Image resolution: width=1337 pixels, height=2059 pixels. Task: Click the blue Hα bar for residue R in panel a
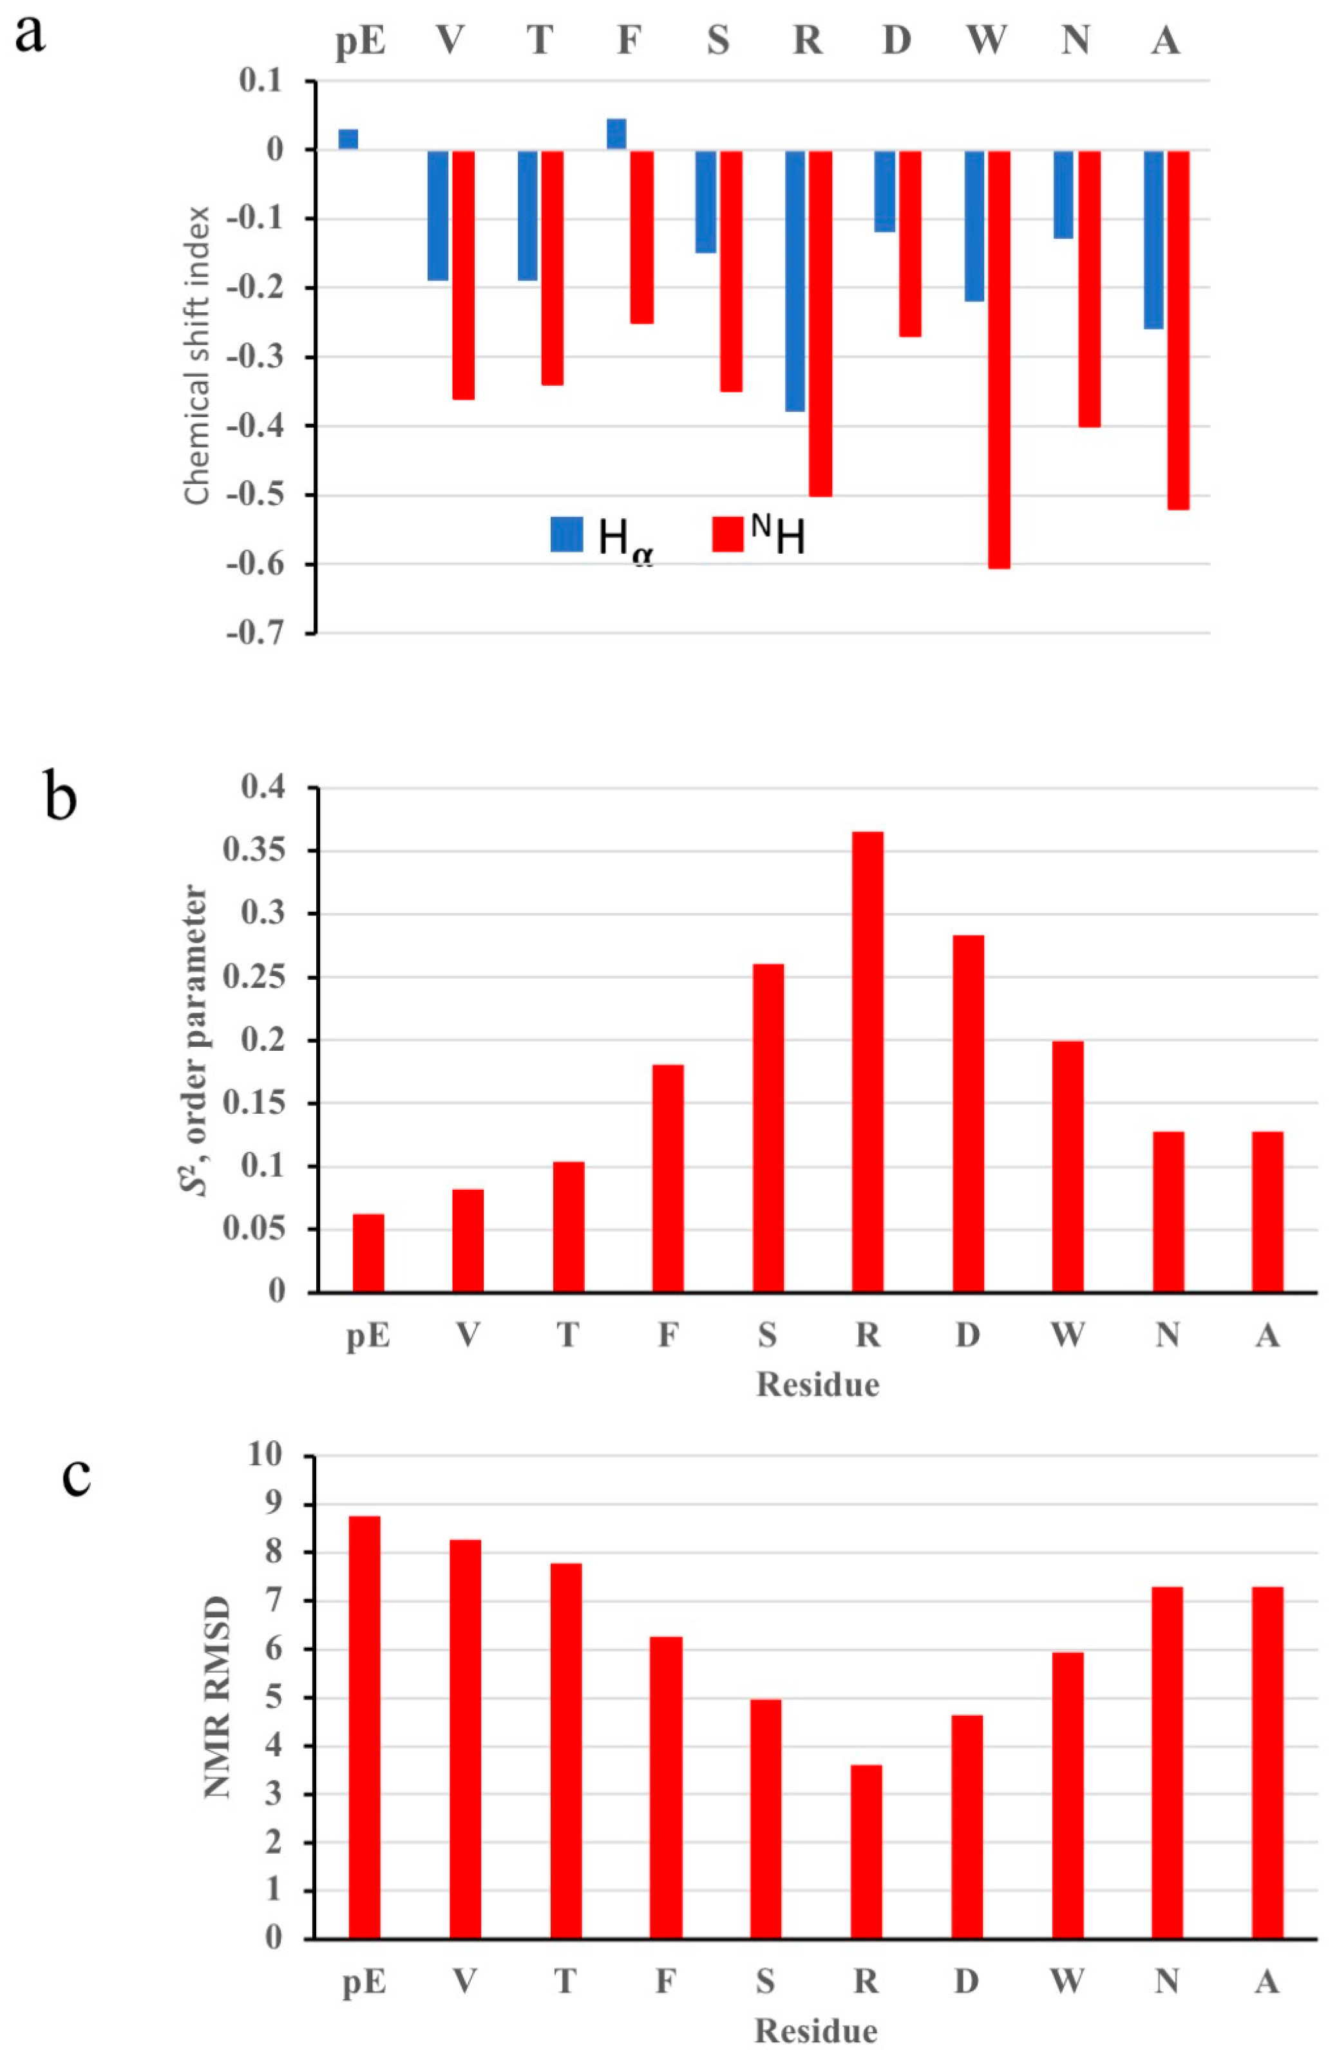(795, 280)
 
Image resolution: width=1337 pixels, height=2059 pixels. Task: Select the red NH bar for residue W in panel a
(999, 359)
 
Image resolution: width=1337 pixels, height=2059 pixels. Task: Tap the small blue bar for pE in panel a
(348, 139)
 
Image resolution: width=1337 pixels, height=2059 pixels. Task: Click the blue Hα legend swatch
(567, 534)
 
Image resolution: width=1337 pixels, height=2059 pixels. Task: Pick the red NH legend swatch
(728, 534)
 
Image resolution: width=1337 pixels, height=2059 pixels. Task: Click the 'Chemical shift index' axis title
(197, 355)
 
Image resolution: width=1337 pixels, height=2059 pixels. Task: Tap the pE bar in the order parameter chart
(368, 1254)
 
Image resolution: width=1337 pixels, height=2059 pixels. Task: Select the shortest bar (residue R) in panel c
(866, 1852)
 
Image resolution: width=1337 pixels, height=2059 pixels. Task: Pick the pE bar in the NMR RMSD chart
(365, 1727)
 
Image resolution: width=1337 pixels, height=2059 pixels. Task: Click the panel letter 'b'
(60, 798)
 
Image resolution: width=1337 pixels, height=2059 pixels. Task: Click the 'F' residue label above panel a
(629, 40)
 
